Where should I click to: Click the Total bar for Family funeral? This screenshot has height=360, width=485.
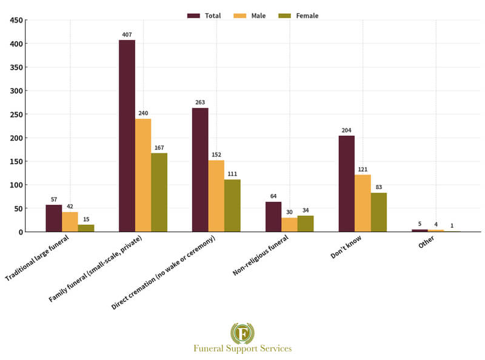pyautogui.click(x=127, y=136)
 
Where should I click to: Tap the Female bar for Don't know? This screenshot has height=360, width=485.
pyautogui.click(x=379, y=212)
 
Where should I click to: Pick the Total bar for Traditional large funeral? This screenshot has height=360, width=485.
pyautogui.click(x=53, y=218)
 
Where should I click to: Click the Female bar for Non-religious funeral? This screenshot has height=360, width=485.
pyautogui.click(x=306, y=224)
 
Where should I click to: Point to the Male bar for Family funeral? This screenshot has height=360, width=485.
pyautogui.click(x=143, y=175)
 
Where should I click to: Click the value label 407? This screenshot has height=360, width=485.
pyautogui.click(x=127, y=35)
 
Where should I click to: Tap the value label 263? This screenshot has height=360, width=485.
pyautogui.click(x=200, y=102)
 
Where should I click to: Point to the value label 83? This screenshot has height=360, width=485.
pyautogui.click(x=379, y=187)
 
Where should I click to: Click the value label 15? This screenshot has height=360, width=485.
pyautogui.click(x=86, y=219)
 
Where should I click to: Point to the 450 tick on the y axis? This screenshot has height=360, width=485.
pyautogui.click(x=16, y=21)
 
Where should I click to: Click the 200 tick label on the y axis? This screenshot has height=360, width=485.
pyautogui.click(x=16, y=138)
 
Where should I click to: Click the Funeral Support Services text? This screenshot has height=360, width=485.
pyautogui.click(x=242, y=348)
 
